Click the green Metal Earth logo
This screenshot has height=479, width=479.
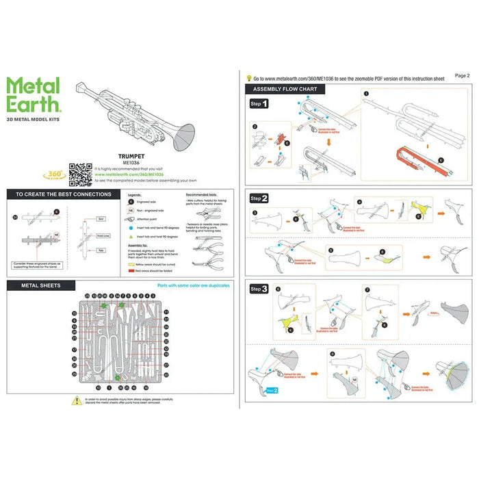tap(34, 95)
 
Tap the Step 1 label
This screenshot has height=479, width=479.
tap(259, 105)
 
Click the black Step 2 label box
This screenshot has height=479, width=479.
tap(259, 198)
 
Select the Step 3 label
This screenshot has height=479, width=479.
tap(259, 289)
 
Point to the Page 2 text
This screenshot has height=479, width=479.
tap(462, 75)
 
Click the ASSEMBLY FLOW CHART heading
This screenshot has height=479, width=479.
tap(285, 90)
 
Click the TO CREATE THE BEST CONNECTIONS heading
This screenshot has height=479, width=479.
tap(64, 195)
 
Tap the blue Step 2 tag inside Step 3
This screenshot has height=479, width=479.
tap(272, 391)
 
